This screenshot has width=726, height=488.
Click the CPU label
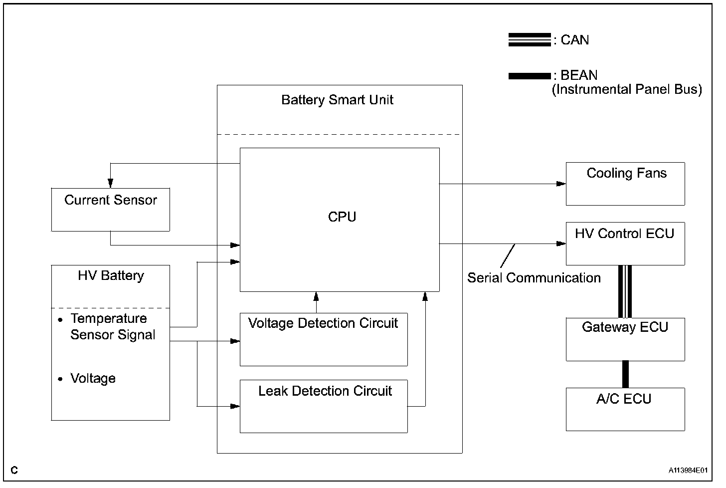342,217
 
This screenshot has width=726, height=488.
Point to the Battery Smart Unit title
337,100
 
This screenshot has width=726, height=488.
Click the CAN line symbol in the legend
530,40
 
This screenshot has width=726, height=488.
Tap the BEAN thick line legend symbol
530,76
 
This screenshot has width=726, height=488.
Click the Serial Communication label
534,278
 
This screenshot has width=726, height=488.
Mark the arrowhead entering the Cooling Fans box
561,184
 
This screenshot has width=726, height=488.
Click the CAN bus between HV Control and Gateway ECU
625,291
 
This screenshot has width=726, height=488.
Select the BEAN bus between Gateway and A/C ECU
625,375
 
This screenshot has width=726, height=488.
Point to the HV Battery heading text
111,275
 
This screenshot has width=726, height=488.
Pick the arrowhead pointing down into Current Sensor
111,183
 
